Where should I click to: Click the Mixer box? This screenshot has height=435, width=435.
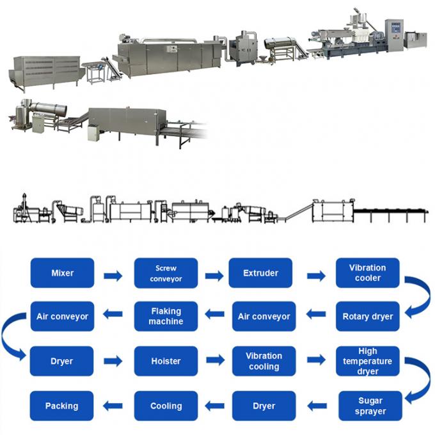(x=62, y=273)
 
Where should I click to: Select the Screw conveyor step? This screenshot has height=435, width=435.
(x=166, y=273)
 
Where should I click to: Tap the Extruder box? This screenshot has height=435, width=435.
(x=260, y=273)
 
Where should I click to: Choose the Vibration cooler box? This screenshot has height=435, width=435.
(x=367, y=273)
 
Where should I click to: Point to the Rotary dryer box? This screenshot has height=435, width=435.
(x=367, y=317)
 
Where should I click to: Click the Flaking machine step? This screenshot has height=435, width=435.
(x=166, y=317)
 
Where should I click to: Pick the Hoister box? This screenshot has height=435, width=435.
(x=166, y=361)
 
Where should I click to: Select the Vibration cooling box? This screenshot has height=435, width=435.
(x=264, y=361)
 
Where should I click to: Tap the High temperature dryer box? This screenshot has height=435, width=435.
(x=367, y=361)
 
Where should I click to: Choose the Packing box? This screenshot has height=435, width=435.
(x=62, y=406)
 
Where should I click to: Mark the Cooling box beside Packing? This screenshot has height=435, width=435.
(x=166, y=406)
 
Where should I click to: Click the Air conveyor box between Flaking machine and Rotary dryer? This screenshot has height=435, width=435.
(x=264, y=317)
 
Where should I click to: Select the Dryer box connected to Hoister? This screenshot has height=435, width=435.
(x=62, y=361)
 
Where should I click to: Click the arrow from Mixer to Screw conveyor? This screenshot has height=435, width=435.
(x=113, y=276)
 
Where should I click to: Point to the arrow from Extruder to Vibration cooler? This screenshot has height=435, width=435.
(x=316, y=276)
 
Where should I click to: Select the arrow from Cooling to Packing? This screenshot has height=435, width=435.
(x=113, y=405)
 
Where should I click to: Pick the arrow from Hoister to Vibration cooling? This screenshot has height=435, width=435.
(x=216, y=361)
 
